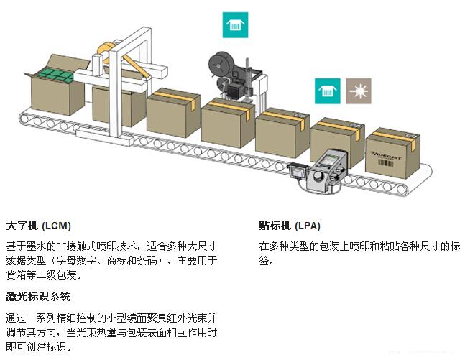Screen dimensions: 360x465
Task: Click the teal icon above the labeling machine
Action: [x=233, y=27]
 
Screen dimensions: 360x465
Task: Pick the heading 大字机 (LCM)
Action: [x=38, y=225]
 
